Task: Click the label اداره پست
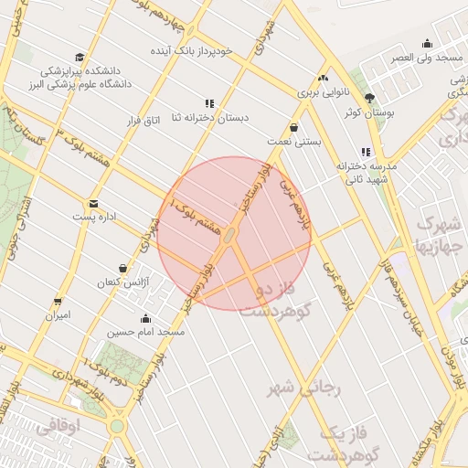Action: pyautogui.click(x=95, y=218)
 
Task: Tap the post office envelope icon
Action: pyautogui.click(x=93, y=204)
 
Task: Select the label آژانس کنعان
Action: pyautogui.click(x=119, y=282)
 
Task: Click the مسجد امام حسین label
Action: pyautogui.click(x=146, y=333)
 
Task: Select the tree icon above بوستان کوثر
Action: pyautogui.click(x=369, y=99)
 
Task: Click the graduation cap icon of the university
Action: pyautogui.click(x=80, y=57)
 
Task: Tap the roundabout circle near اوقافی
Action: pyautogui.click(x=117, y=426)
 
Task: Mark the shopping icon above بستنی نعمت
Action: pyautogui.click(x=293, y=128)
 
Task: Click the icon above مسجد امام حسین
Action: pyautogui.click(x=146, y=319)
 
